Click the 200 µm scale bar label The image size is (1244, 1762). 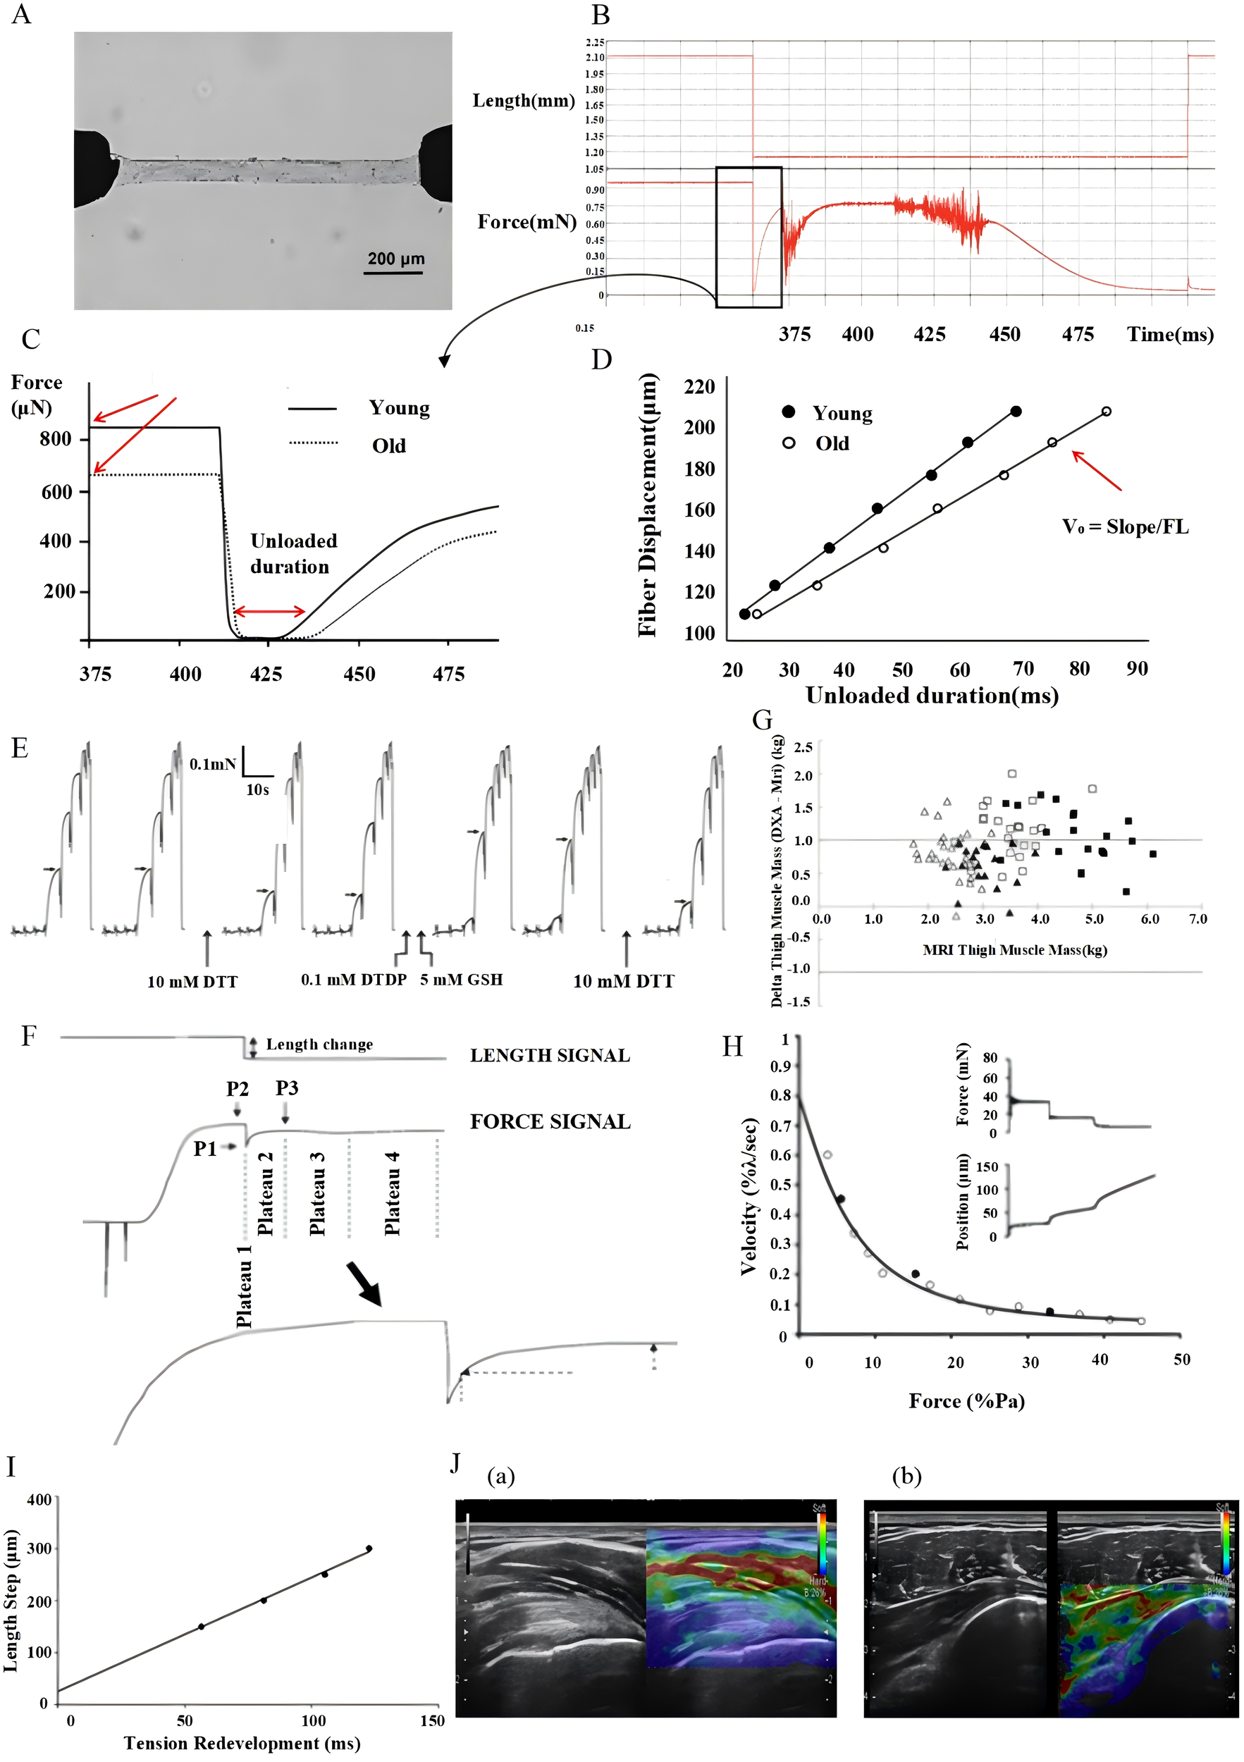tap(395, 259)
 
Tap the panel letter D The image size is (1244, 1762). tap(602, 359)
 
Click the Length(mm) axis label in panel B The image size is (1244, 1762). tap(524, 101)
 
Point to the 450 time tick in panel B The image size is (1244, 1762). tap(1004, 335)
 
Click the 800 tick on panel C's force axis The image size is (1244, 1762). tap(55, 439)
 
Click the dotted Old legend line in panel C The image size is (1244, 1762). tap(313, 443)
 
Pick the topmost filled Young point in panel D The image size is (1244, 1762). tap(1016, 412)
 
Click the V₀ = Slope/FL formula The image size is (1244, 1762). tap(1125, 526)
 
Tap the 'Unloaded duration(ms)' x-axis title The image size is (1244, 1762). tap(932, 695)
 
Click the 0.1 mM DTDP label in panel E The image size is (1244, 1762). tap(354, 980)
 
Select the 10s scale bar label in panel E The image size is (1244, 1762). tap(258, 789)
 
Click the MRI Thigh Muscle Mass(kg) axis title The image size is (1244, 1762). tap(1014, 950)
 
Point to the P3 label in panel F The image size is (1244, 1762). tap(287, 1088)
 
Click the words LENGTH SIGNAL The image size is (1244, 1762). tap(550, 1055)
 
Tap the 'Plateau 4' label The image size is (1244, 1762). tap(392, 1193)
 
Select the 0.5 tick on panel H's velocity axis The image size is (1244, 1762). tap(780, 1185)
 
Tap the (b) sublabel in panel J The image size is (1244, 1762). tap(907, 1477)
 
